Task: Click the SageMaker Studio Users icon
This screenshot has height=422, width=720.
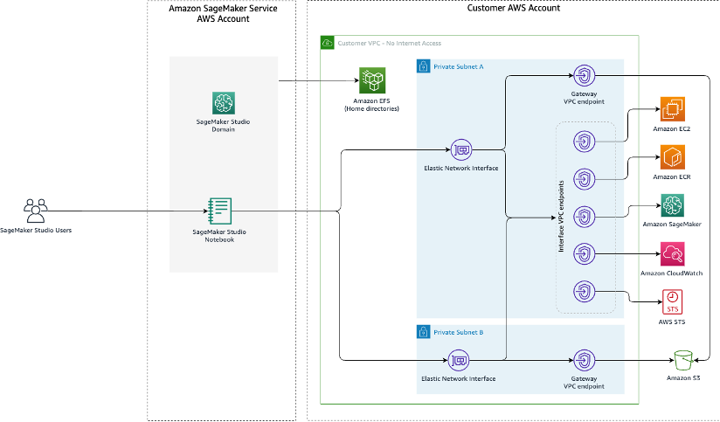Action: tap(35, 210)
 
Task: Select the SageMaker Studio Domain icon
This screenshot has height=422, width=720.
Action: tap(224, 103)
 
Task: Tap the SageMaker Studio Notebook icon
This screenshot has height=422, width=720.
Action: tap(219, 211)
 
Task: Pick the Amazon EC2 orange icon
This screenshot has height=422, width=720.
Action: tap(672, 109)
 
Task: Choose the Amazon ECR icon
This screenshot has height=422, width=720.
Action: tap(672, 157)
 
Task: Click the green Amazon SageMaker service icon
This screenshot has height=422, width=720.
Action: tap(672, 205)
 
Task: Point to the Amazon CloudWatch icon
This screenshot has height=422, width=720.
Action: tap(672, 254)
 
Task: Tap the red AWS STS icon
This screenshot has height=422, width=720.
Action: tap(672, 301)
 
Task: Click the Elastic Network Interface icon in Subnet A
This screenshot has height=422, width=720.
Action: tap(460, 149)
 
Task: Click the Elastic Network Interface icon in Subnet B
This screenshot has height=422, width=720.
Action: tap(458, 359)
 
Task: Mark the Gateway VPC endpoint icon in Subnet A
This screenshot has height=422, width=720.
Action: tap(584, 75)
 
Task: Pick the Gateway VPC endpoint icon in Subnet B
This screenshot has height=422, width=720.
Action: tap(584, 359)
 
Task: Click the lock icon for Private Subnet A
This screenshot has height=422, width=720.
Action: tap(422, 66)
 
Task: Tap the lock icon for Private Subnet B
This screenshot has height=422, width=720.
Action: tap(422, 332)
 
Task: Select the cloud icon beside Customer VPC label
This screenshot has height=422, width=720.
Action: tap(327, 42)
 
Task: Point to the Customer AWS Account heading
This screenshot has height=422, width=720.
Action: tap(515, 8)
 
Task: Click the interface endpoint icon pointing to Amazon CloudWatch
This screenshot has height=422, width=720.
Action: tap(584, 254)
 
